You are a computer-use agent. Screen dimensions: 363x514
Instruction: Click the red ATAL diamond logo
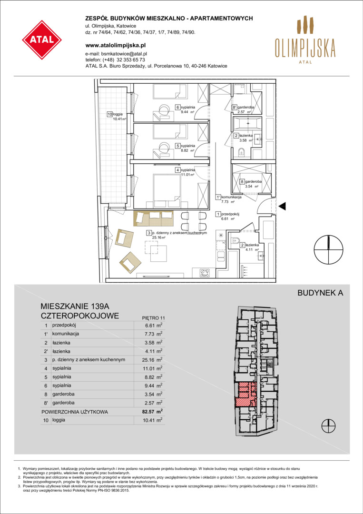[x=42, y=40]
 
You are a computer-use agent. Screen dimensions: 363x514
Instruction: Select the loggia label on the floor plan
[x=117, y=117]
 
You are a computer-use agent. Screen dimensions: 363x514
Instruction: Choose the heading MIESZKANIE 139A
[x=74, y=307]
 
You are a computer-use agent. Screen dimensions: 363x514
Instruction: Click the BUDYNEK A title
[x=320, y=293]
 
